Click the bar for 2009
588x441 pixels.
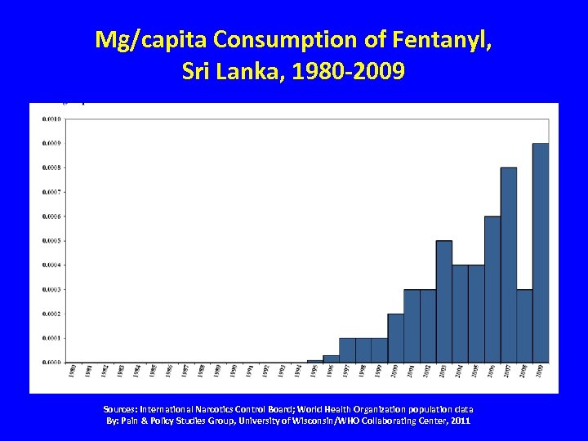click(x=541, y=252)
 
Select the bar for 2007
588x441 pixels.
click(x=508, y=265)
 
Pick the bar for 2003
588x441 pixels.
click(x=443, y=301)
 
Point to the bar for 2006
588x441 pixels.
click(x=492, y=289)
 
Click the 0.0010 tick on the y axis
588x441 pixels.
click(x=51, y=119)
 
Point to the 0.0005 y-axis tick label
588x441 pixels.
click(x=51, y=241)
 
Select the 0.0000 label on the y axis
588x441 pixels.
click(x=51, y=362)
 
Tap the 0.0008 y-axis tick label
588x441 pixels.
click(x=51, y=167)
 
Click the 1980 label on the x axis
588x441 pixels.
click(x=72, y=371)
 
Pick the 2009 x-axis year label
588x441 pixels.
click(x=541, y=371)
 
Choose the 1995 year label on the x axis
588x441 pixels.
click(x=314, y=371)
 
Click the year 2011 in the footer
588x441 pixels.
click(x=459, y=421)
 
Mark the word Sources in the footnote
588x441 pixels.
click(x=122, y=408)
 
